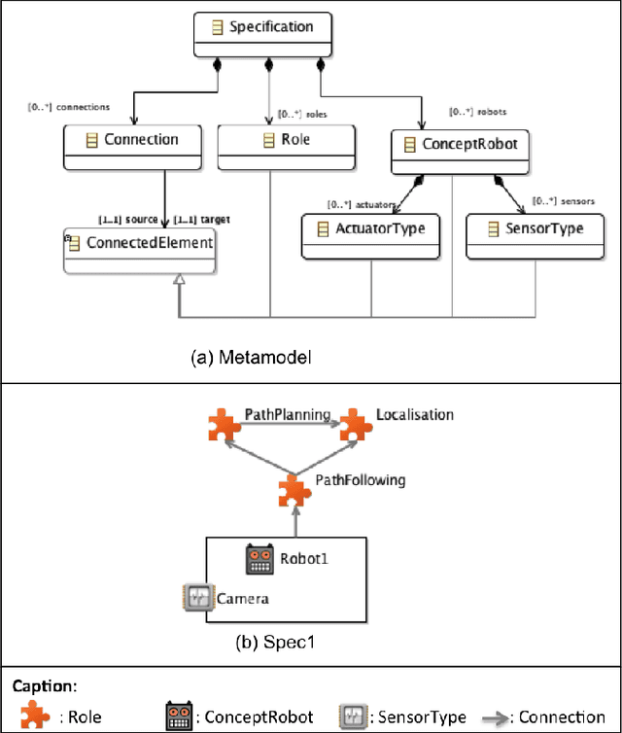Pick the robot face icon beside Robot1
260,558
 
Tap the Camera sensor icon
196,597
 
